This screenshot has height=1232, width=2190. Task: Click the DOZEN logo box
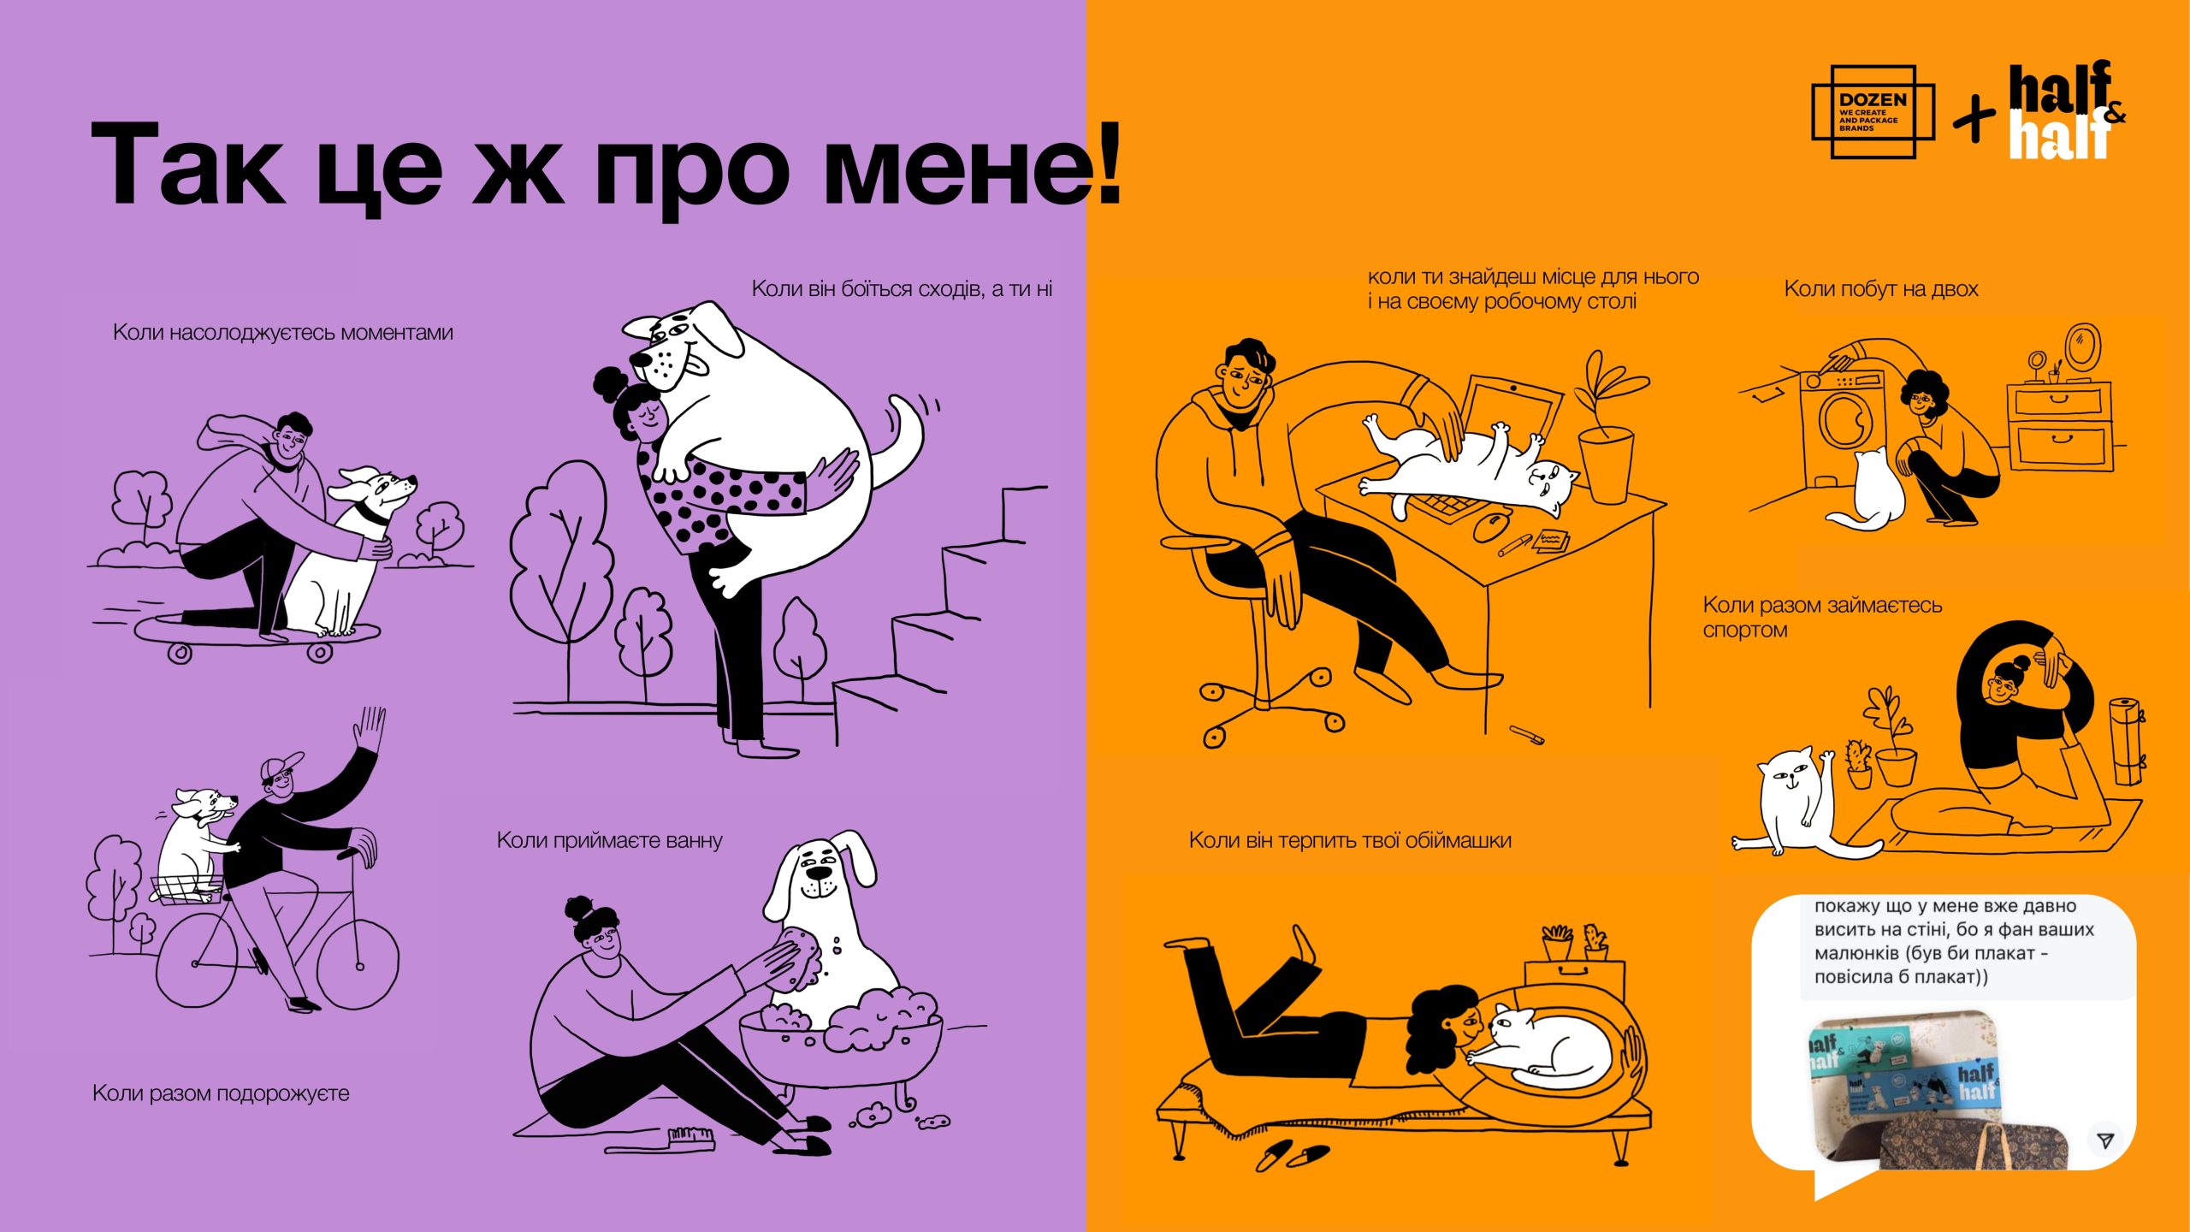[1873, 112]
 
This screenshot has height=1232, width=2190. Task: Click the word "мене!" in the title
[972, 166]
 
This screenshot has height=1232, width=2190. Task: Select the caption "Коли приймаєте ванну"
[609, 840]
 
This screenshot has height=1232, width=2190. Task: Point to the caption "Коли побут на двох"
[1881, 289]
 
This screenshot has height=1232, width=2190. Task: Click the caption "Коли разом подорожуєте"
[221, 1093]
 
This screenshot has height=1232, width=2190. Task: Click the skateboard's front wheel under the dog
[320, 653]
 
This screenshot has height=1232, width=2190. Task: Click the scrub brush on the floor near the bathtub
[691, 1137]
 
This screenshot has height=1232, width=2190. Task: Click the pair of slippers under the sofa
[1293, 1155]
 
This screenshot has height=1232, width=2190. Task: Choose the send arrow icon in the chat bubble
[2105, 1140]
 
